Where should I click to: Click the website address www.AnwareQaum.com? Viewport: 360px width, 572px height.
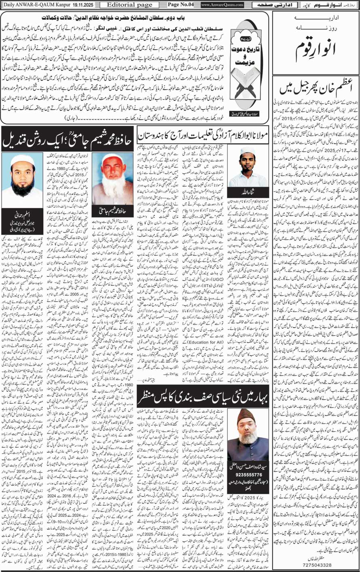coord(222,4)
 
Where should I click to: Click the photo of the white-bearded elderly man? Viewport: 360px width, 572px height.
coord(110,178)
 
